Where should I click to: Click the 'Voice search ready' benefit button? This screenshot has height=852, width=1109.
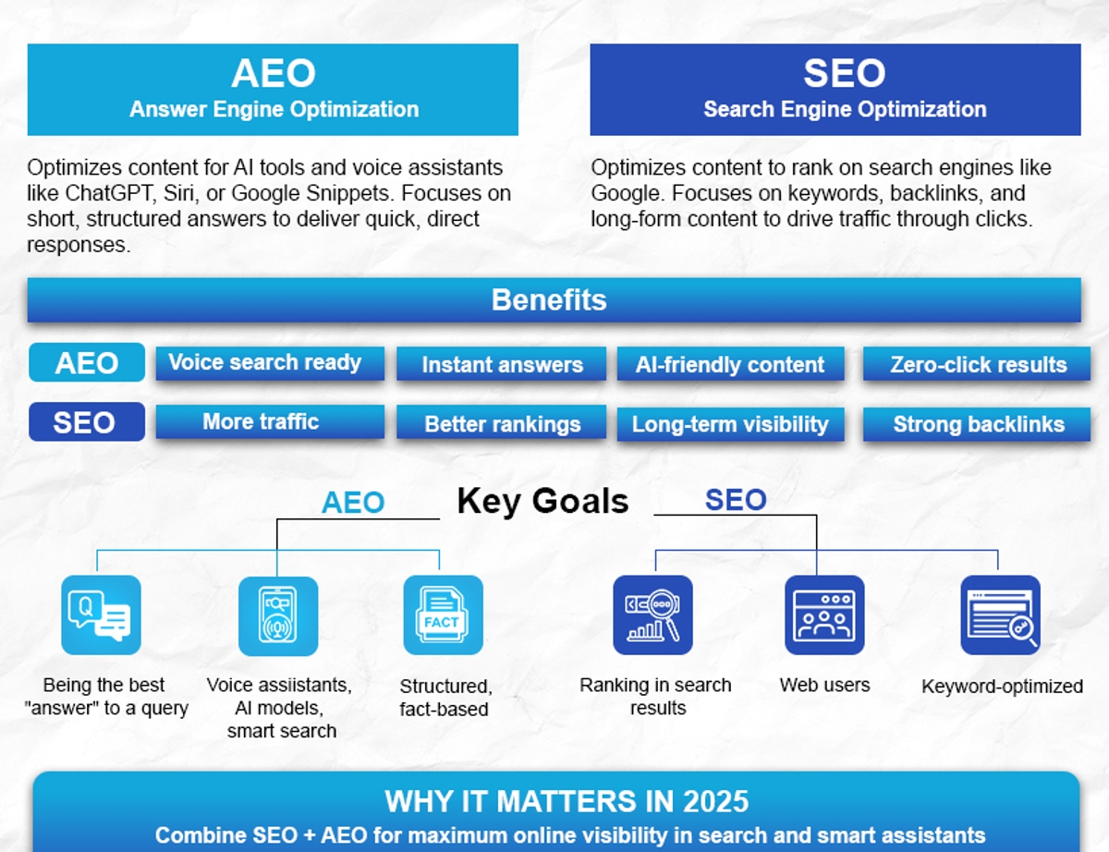tap(270, 363)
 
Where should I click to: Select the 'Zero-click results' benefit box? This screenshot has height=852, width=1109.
tap(977, 364)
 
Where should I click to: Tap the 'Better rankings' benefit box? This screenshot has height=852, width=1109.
tap(501, 422)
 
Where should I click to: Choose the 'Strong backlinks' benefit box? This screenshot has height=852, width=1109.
tap(977, 423)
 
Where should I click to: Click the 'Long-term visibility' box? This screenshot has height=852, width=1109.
tap(730, 423)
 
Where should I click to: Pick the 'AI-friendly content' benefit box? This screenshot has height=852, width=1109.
tap(730, 364)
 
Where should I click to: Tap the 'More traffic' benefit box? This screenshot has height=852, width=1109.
tap(270, 421)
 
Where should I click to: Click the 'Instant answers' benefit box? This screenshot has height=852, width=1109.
tap(501, 364)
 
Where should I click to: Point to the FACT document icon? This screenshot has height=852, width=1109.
tap(443, 615)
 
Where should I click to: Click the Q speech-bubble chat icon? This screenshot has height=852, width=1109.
tap(101, 615)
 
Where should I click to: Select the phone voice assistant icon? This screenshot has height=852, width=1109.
tap(278, 615)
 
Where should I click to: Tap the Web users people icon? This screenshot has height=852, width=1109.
tap(824, 615)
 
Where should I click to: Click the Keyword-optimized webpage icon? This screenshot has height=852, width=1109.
tap(1000, 615)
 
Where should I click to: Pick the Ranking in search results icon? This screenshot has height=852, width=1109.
tap(652, 615)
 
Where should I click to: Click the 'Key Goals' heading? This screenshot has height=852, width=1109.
tap(543, 502)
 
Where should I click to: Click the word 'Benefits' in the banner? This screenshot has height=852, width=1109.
tap(549, 299)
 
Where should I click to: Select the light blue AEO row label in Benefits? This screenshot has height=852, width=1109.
tap(87, 362)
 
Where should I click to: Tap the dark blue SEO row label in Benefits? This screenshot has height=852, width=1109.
tap(87, 422)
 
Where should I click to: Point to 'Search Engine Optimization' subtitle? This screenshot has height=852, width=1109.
tap(845, 109)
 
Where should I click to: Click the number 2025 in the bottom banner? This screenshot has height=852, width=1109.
tap(716, 801)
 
